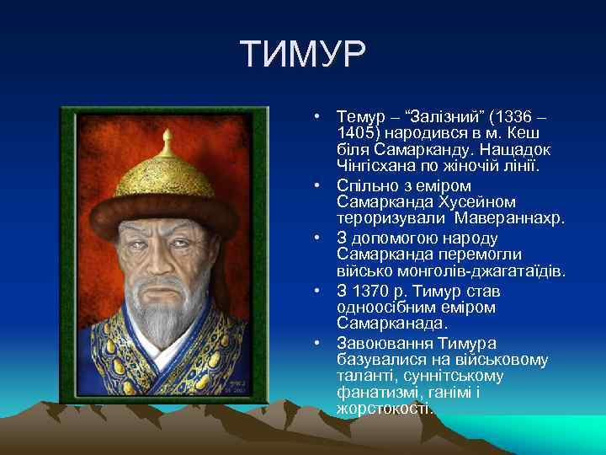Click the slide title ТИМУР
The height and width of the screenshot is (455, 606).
303,56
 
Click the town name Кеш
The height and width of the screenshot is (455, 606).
525,134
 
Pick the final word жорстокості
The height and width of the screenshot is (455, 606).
385,409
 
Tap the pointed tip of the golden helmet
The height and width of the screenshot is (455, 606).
169,135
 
